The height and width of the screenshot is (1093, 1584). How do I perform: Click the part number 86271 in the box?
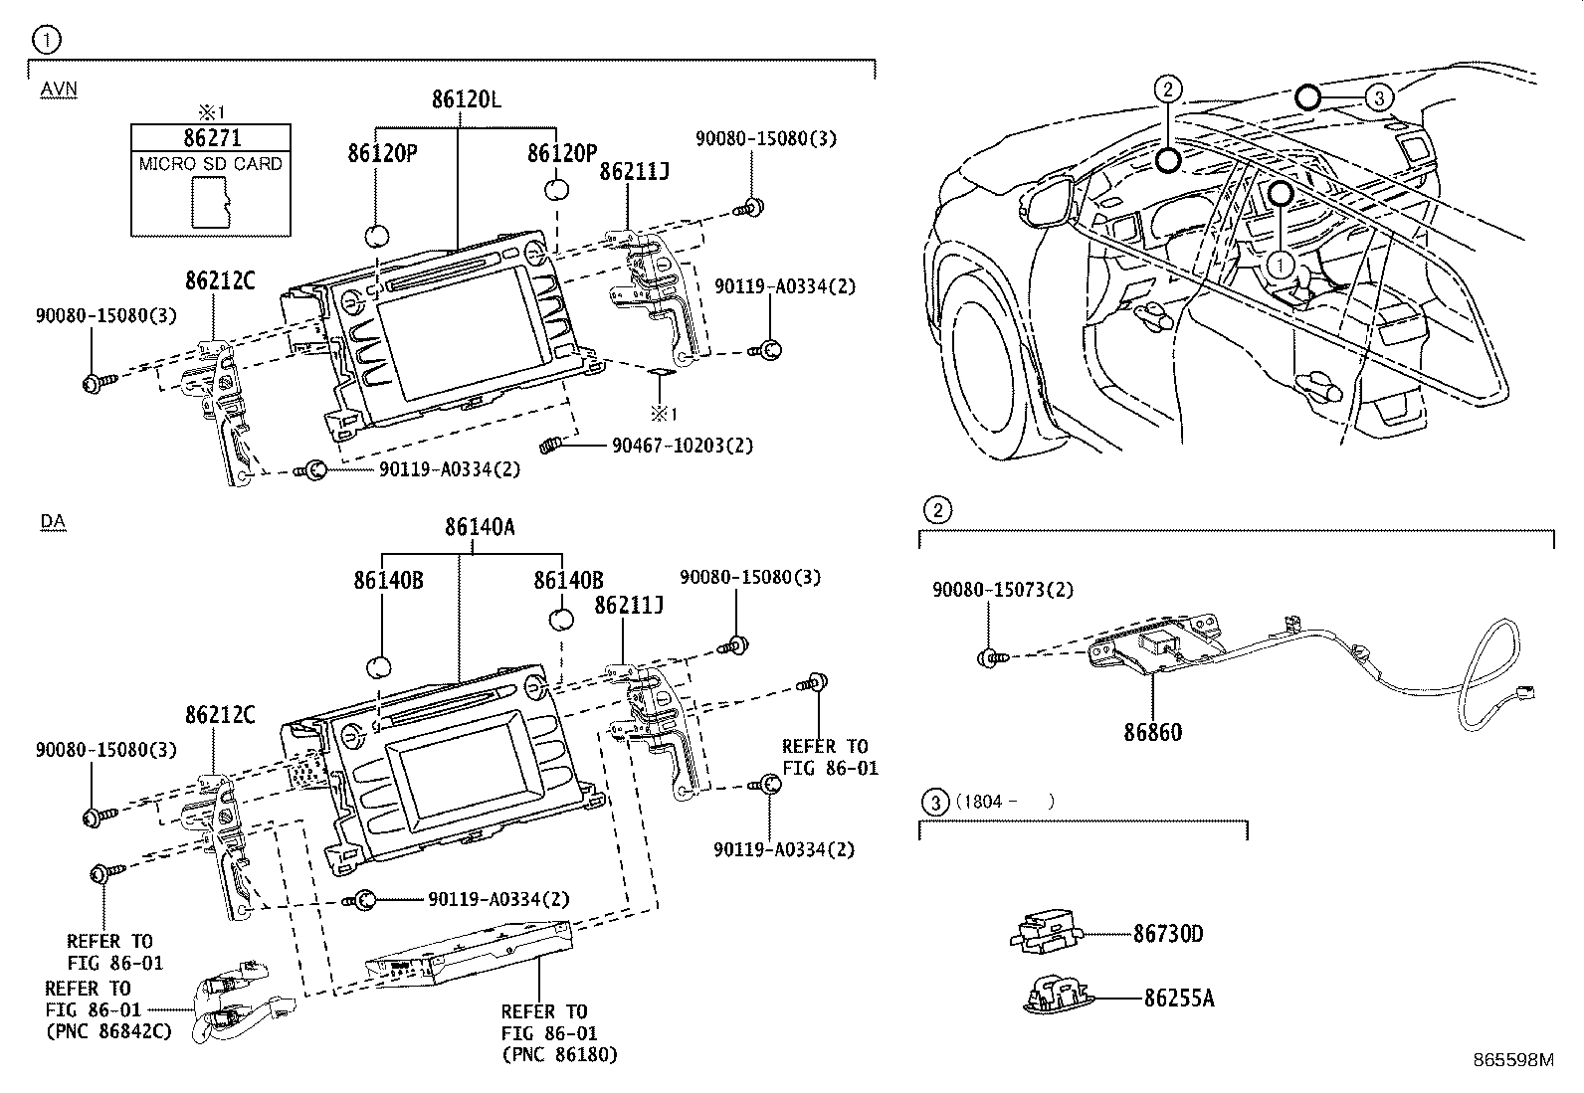(211, 138)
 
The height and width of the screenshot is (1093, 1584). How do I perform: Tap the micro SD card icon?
(210, 204)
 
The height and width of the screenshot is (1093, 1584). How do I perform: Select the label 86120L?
(466, 100)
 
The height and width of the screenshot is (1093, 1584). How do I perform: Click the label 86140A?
(480, 528)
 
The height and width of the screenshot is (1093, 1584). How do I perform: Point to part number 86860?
(1153, 733)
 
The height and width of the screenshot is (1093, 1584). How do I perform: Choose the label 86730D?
(1168, 934)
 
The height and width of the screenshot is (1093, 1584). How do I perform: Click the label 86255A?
(1179, 998)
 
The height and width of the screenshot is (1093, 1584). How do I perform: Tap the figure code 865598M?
(1512, 1060)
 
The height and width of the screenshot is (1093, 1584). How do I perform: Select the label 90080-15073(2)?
(1002, 590)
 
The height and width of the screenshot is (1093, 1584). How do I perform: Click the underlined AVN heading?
(59, 90)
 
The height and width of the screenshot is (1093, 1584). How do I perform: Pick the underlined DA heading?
(53, 521)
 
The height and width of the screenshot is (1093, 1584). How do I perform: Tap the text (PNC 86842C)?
(109, 1031)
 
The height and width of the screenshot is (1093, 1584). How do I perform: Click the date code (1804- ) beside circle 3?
(1004, 801)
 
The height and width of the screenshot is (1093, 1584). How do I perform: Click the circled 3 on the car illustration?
(1378, 97)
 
